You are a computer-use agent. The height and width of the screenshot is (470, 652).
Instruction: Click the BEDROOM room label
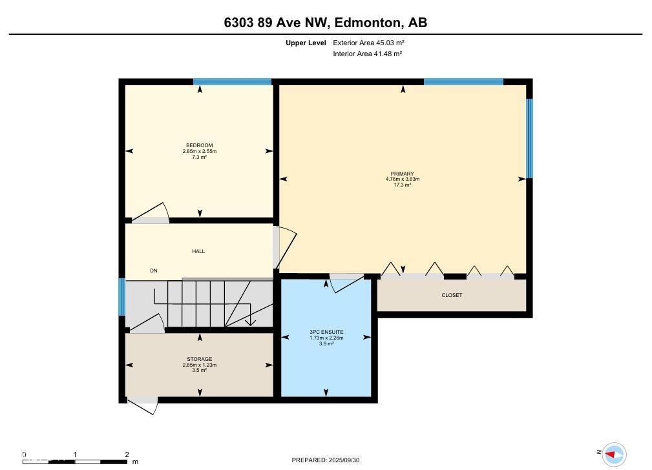click(x=200, y=145)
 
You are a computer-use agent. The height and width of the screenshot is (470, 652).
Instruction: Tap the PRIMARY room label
click(x=402, y=174)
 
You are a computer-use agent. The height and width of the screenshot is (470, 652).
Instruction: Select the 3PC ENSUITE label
click(x=326, y=332)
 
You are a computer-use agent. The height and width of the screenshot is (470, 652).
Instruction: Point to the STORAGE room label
click(x=200, y=359)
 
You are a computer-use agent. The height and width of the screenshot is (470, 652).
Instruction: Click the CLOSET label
click(x=452, y=295)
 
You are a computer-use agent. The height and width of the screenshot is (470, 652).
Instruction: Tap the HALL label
click(x=198, y=251)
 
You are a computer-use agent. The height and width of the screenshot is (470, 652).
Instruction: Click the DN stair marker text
click(x=154, y=271)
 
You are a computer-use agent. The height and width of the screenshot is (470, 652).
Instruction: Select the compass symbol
click(x=614, y=455)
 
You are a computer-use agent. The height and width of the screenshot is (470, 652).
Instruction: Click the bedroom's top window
click(x=233, y=82)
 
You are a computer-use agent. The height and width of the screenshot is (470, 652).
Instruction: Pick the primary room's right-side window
click(x=529, y=138)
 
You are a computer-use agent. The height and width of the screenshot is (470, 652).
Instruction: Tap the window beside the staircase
click(x=122, y=297)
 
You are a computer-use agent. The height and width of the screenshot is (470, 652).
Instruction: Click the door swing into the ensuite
click(x=346, y=282)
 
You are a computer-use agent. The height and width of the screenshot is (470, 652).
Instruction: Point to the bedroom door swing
click(x=151, y=212)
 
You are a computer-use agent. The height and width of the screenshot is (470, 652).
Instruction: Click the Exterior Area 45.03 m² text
click(x=369, y=43)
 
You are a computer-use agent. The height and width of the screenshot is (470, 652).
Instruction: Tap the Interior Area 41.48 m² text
click(x=368, y=54)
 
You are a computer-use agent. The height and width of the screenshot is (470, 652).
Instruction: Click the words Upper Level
click(x=306, y=43)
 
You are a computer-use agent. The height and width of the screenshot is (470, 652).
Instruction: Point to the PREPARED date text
click(x=326, y=460)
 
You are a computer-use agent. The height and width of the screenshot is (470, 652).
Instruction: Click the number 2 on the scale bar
click(x=127, y=455)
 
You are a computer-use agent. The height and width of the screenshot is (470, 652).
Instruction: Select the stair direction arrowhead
click(x=250, y=322)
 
